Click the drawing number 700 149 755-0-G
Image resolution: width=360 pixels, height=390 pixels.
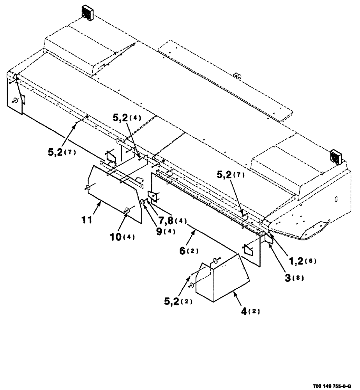(x=335, y=386)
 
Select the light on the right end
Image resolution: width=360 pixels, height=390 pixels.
(x=335, y=156)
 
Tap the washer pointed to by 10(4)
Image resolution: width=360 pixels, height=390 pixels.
(x=127, y=211)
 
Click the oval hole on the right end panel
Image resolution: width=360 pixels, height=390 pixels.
(x=336, y=199)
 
